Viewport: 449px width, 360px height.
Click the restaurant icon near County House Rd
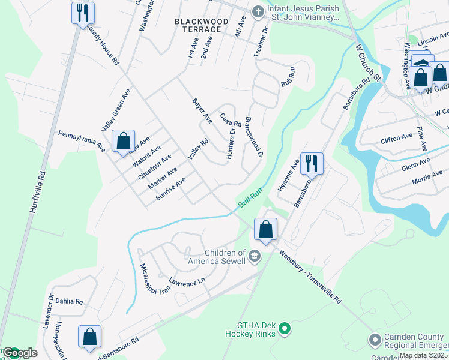[x=82, y=13]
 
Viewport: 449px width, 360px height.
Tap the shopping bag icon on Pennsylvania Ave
[x=123, y=142]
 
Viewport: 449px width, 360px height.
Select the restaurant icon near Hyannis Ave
[x=311, y=163]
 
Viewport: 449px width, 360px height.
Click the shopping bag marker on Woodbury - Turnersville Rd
[x=265, y=229]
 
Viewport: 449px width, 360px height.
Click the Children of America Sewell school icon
[x=255, y=257]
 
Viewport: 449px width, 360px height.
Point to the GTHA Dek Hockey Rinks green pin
[x=285, y=328]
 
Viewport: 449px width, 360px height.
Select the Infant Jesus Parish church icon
[x=258, y=11]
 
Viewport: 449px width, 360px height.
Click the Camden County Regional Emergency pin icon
[x=375, y=340]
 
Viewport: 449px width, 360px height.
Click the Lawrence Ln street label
[x=186, y=280]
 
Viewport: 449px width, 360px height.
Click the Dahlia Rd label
[x=71, y=302]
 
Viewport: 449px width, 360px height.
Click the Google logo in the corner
[x=19, y=353]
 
